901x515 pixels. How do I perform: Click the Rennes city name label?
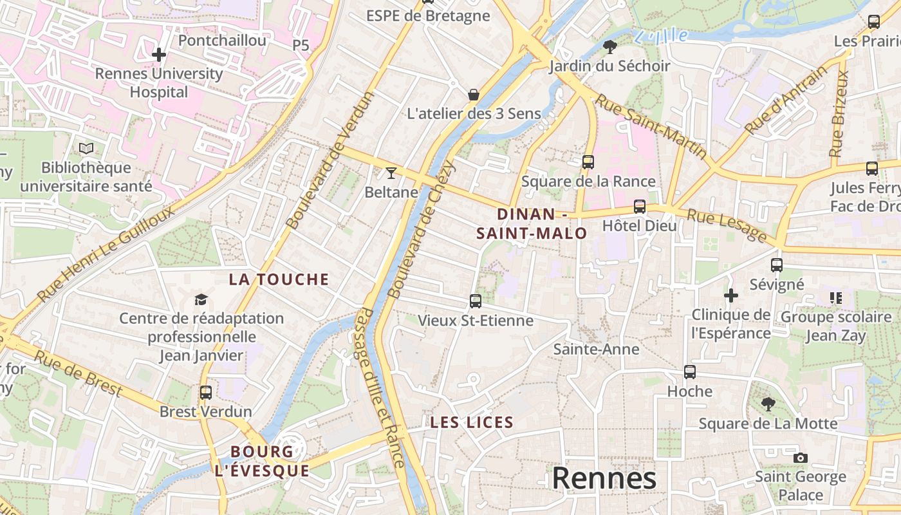(x=604, y=478)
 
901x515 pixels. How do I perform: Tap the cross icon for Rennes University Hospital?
(x=159, y=55)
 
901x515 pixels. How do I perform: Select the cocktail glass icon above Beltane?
(x=391, y=173)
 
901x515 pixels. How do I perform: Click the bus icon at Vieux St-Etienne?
(x=476, y=301)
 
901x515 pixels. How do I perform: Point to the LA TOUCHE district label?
(x=279, y=279)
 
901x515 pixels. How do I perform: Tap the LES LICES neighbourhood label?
(x=472, y=423)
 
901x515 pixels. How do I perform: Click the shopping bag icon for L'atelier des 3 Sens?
(x=474, y=95)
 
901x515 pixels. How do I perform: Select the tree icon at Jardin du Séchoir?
(x=609, y=46)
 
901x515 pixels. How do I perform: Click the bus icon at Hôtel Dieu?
(x=639, y=207)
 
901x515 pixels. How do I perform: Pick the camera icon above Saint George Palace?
(x=800, y=458)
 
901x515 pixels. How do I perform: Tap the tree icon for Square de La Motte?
(x=768, y=404)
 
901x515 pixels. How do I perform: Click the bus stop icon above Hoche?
(x=690, y=372)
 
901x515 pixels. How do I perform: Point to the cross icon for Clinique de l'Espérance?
(x=731, y=295)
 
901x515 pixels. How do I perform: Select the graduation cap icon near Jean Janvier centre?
(x=201, y=299)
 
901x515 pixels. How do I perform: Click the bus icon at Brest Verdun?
(x=206, y=392)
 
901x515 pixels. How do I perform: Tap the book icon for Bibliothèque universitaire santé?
(x=86, y=149)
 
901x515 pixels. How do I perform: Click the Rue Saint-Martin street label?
(x=650, y=127)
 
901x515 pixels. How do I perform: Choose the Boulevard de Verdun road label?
(x=330, y=161)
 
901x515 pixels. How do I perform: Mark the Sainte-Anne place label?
(x=597, y=350)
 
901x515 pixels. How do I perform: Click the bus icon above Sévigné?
(x=777, y=265)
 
